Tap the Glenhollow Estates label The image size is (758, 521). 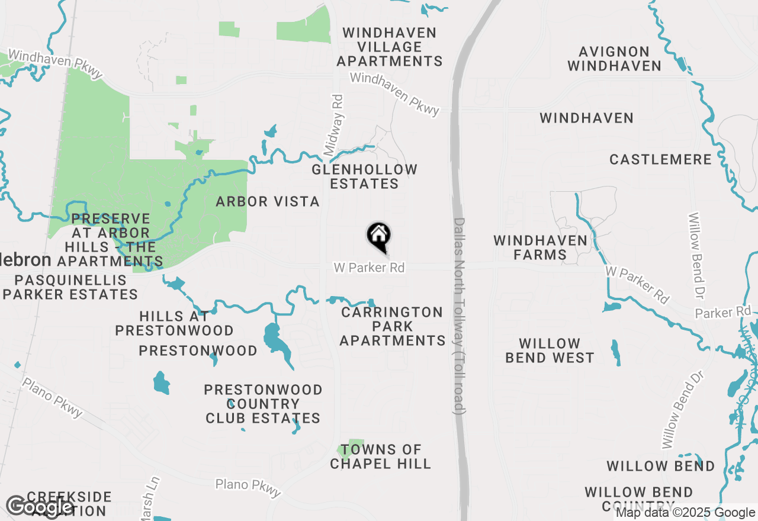[364, 176]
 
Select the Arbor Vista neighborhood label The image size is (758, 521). [268, 202]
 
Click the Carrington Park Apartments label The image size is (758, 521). [392, 326]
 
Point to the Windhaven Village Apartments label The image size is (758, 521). [389, 47]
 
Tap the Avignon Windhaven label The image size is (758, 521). [614, 59]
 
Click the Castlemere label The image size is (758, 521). [660, 160]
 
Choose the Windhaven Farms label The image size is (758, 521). [540, 247]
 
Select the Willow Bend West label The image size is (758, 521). [550, 350]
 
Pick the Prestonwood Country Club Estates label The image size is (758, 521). [263, 404]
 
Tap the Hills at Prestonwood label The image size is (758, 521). [174, 323]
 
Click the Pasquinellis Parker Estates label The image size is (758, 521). [70, 287]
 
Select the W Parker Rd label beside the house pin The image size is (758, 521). [369, 268]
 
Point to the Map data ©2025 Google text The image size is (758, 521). [685, 513]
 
